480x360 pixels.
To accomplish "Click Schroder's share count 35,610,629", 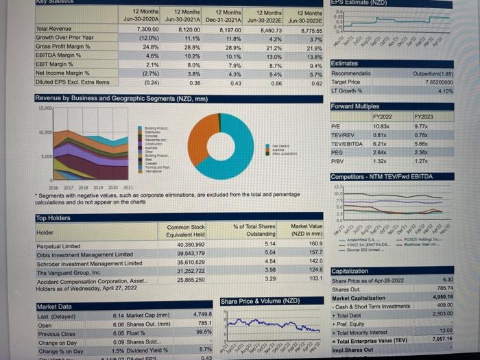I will click(190, 261).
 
